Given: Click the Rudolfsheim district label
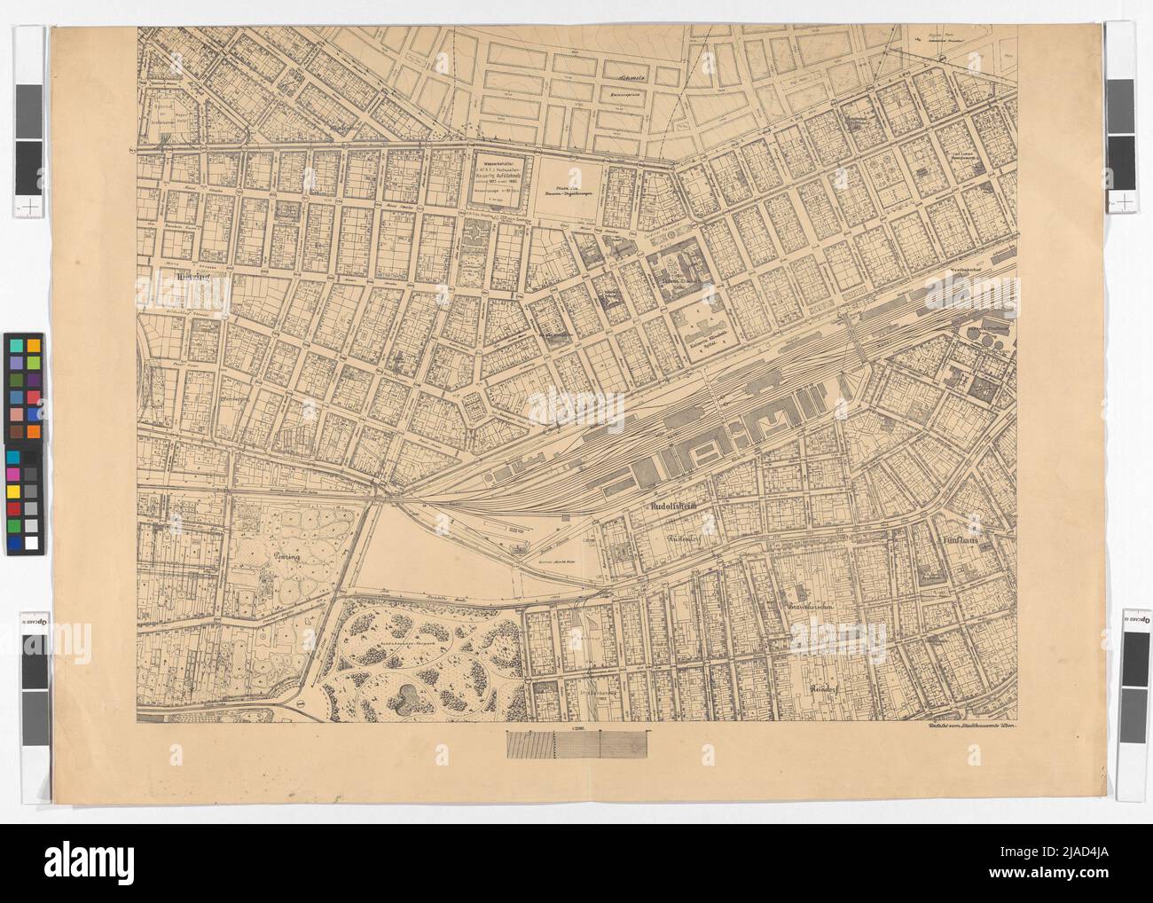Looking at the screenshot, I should (666, 506).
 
